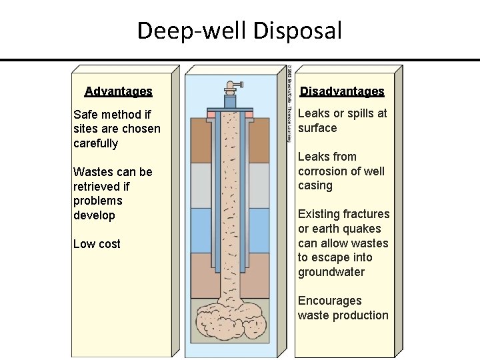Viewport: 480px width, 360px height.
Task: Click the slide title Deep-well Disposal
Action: (x=239, y=31)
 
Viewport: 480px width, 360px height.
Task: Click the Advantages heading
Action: (x=118, y=91)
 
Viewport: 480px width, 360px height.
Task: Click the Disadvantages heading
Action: (x=341, y=91)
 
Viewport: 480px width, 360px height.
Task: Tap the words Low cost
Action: (x=97, y=244)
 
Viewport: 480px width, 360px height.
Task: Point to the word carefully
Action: (x=95, y=143)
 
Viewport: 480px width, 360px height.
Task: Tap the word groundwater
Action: (x=331, y=272)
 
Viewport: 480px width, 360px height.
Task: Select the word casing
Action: (x=315, y=185)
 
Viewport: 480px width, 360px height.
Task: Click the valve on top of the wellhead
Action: (x=230, y=86)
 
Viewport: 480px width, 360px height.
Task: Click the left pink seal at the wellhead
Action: (x=211, y=115)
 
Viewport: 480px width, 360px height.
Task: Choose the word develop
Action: (x=94, y=215)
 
